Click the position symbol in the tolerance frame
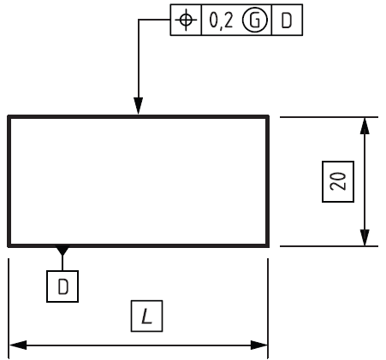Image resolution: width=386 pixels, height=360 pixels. coord(186,20)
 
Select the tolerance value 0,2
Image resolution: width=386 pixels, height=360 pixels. coord(221,21)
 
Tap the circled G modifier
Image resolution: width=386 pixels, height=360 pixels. coord(255,21)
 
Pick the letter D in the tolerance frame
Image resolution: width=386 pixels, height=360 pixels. coord(287,21)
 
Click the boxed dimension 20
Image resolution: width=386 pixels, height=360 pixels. coord(338,181)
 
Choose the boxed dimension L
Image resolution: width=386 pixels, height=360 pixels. coord(146,316)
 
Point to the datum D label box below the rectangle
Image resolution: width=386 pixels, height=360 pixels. coord(62,286)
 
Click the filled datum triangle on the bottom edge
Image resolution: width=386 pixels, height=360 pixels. coord(62,251)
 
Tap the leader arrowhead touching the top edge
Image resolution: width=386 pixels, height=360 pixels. coord(139,106)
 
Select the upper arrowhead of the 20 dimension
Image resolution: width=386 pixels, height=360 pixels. coord(365,126)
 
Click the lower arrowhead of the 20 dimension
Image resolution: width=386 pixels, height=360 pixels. coord(365,237)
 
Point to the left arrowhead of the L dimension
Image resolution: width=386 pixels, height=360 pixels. coord(18,345)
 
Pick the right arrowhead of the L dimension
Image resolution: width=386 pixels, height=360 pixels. coord(259,345)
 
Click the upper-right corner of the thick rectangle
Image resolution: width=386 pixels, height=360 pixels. coord(268,116)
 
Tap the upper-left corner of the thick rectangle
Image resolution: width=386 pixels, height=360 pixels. coord(9,116)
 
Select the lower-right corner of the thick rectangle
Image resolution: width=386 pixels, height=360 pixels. coord(268,245)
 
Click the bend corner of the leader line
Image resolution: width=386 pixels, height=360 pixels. coord(139,20)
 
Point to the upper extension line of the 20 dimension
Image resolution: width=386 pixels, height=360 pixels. coord(329,117)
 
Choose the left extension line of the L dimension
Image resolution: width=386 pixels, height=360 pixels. coord(9,309)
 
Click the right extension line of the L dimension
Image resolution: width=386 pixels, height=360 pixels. coord(268,309)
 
